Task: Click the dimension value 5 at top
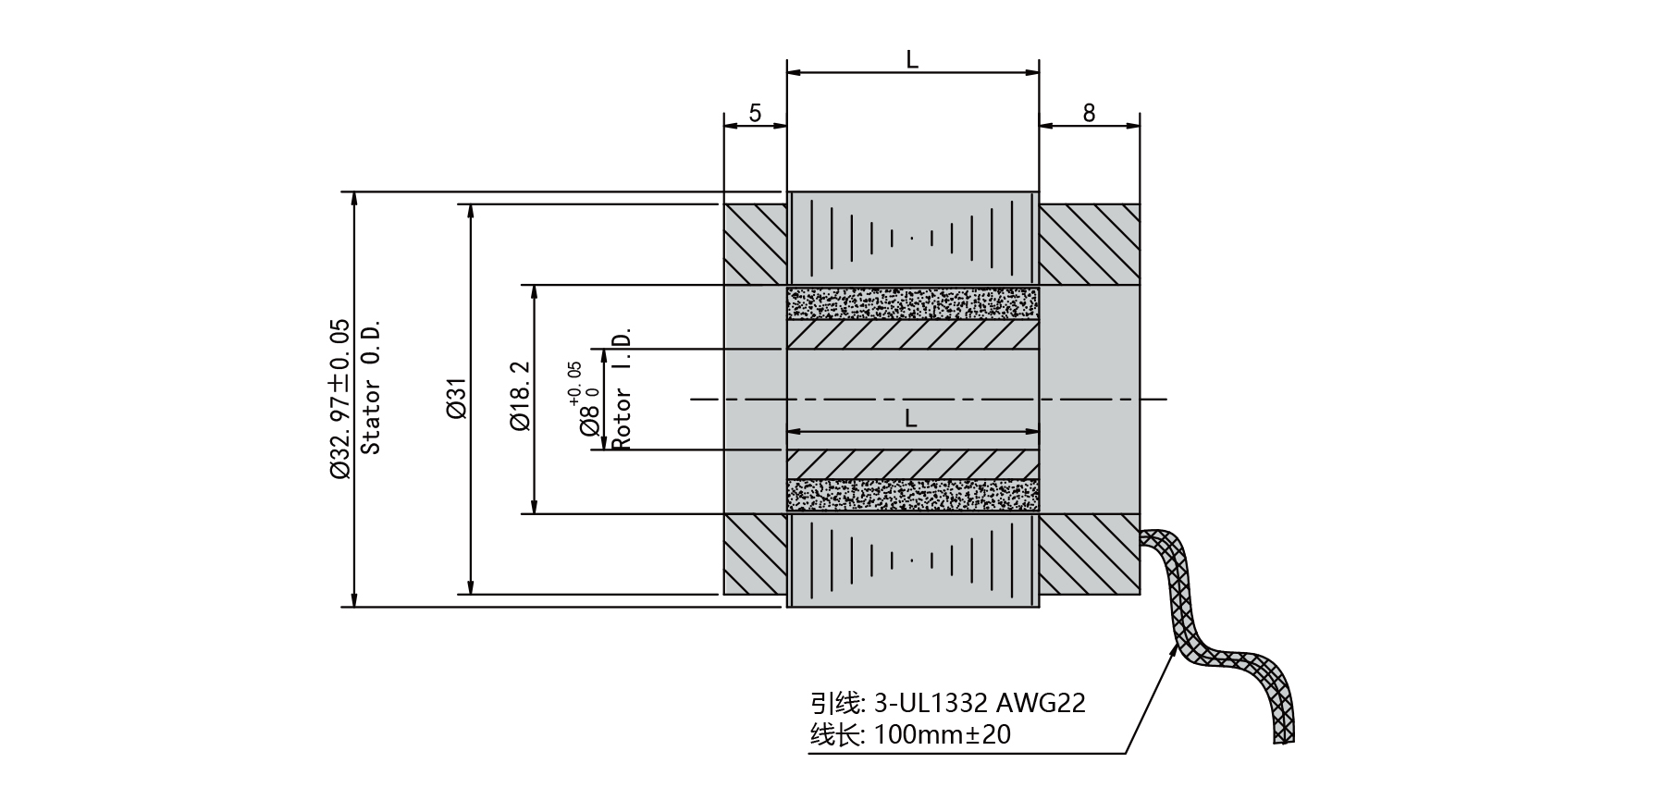(x=755, y=113)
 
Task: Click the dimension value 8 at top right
(x=1089, y=113)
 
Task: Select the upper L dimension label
(x=912, y=59)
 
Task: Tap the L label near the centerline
(x=911, y=418)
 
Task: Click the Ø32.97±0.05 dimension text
(x=339, y=399)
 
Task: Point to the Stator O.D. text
(x=371, y=388)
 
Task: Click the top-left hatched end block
(x=755, y=244)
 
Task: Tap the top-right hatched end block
(x=1089, y=244)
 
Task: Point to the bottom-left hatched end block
(x=755, y=554)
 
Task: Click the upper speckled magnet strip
(x=912, y=304)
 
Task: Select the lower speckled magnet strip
(x=912, y=496)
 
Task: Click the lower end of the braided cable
(x=1283, y=731)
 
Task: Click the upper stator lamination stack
(x=912, y=238)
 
